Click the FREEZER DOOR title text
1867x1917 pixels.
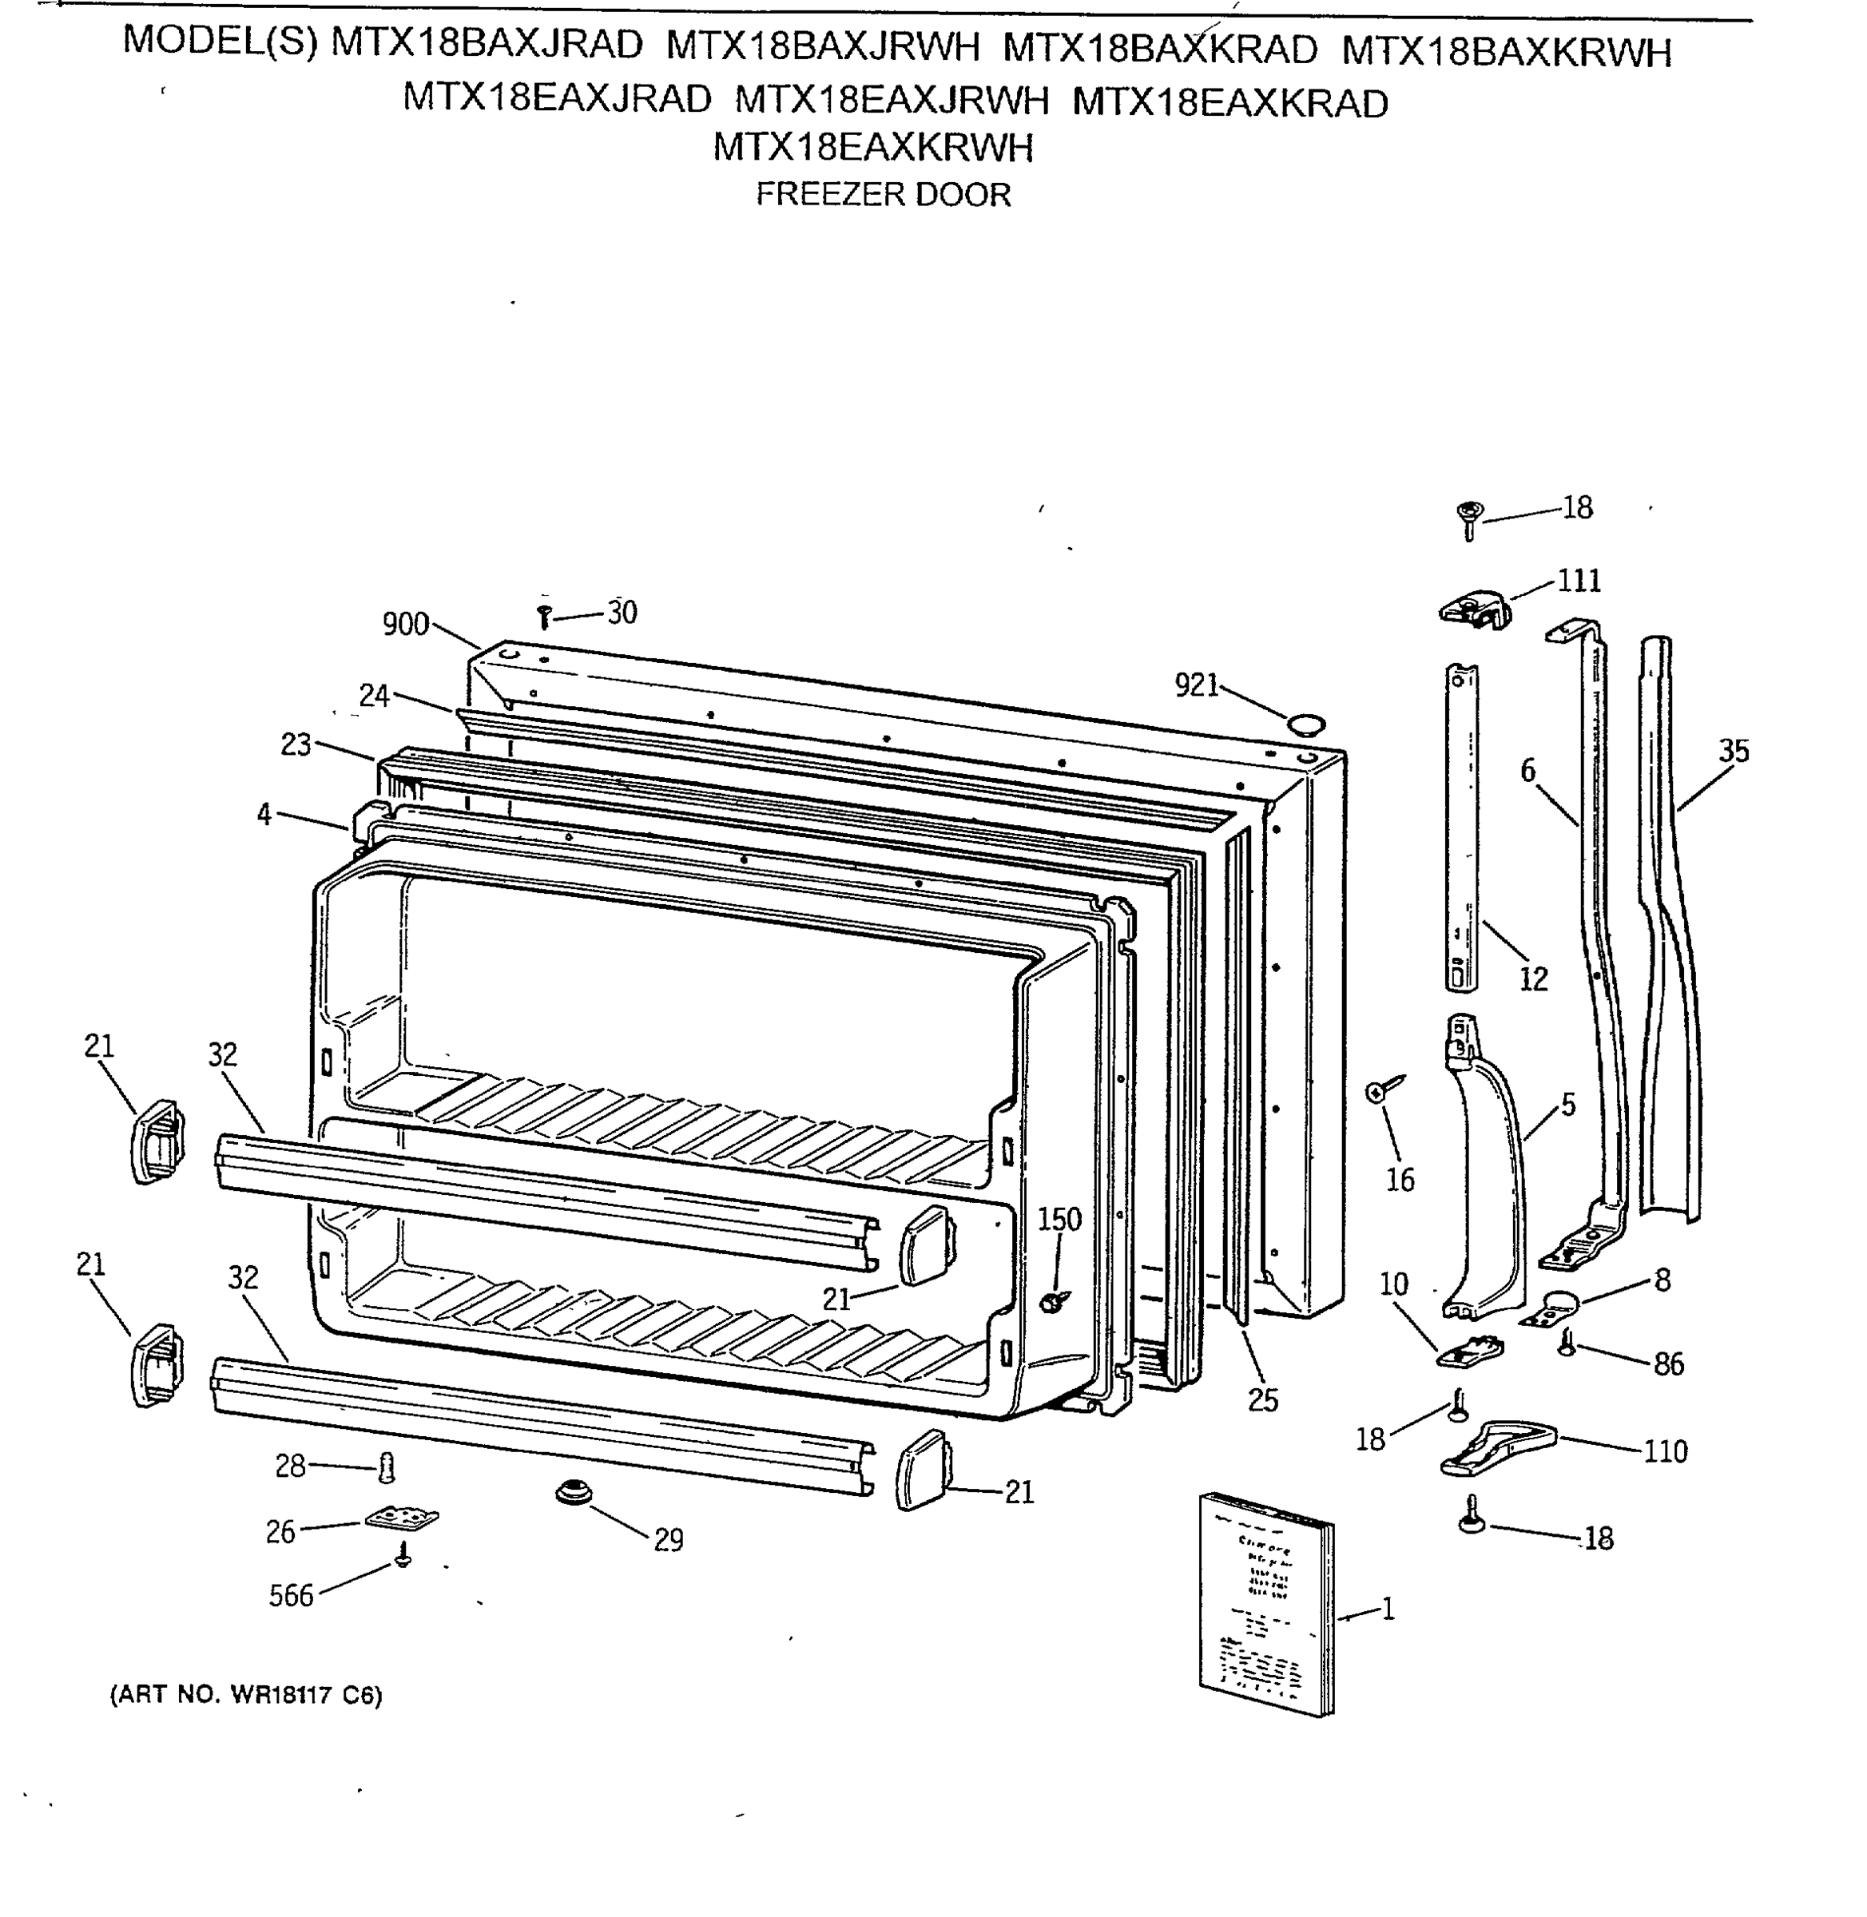(883, 194)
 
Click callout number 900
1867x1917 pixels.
(405, 624)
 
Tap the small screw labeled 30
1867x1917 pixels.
(545, 617)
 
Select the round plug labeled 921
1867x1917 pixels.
(1305, 725)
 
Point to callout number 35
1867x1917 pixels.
(1734, 751)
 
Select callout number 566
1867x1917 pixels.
(292, 1595)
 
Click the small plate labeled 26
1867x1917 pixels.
(402, 1519)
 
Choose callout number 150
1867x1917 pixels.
(1059, 1220)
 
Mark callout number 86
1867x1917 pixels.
(1668, 1364)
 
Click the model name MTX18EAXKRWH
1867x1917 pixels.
(872, 147)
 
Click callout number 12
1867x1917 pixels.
(1532, 978)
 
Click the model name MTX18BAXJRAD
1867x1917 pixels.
(487, 45)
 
